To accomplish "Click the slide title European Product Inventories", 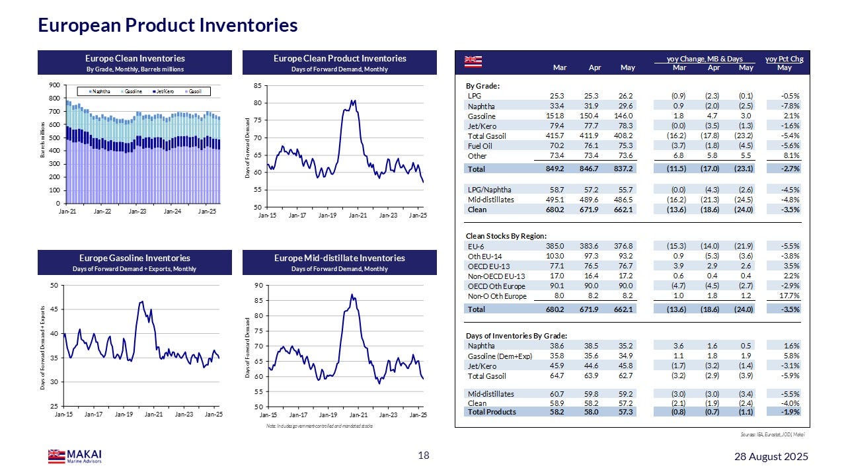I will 168,26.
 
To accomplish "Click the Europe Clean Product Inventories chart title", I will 340,58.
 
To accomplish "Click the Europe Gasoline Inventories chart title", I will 135,258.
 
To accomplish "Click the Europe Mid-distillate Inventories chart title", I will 340,258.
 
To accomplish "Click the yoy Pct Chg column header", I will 784,59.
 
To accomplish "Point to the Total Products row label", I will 492,412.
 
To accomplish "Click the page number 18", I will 424,456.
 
